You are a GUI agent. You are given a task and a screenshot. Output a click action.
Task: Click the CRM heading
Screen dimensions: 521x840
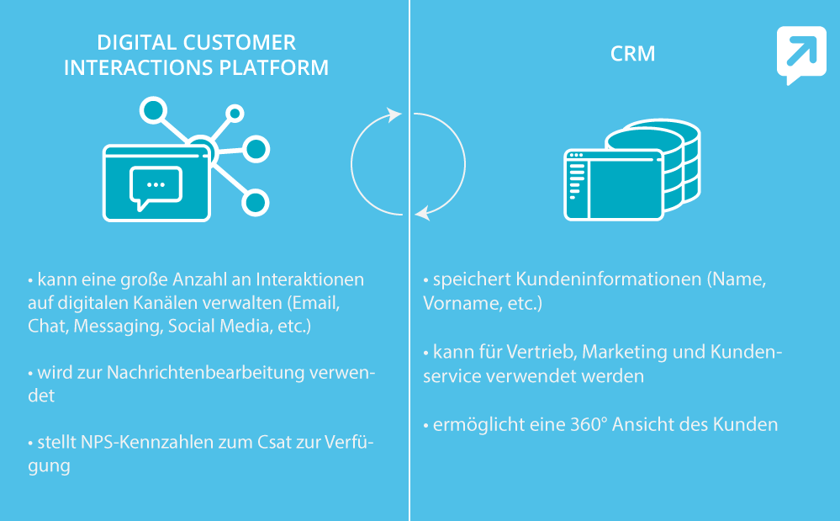(x=632, y=55)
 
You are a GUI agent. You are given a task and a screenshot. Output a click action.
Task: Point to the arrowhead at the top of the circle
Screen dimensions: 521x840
(x=394, y=114)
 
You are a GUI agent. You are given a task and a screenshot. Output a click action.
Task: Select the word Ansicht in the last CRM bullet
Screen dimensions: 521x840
(x=644, y=424)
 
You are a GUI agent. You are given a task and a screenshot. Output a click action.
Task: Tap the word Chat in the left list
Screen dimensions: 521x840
(x=45, y=326)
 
